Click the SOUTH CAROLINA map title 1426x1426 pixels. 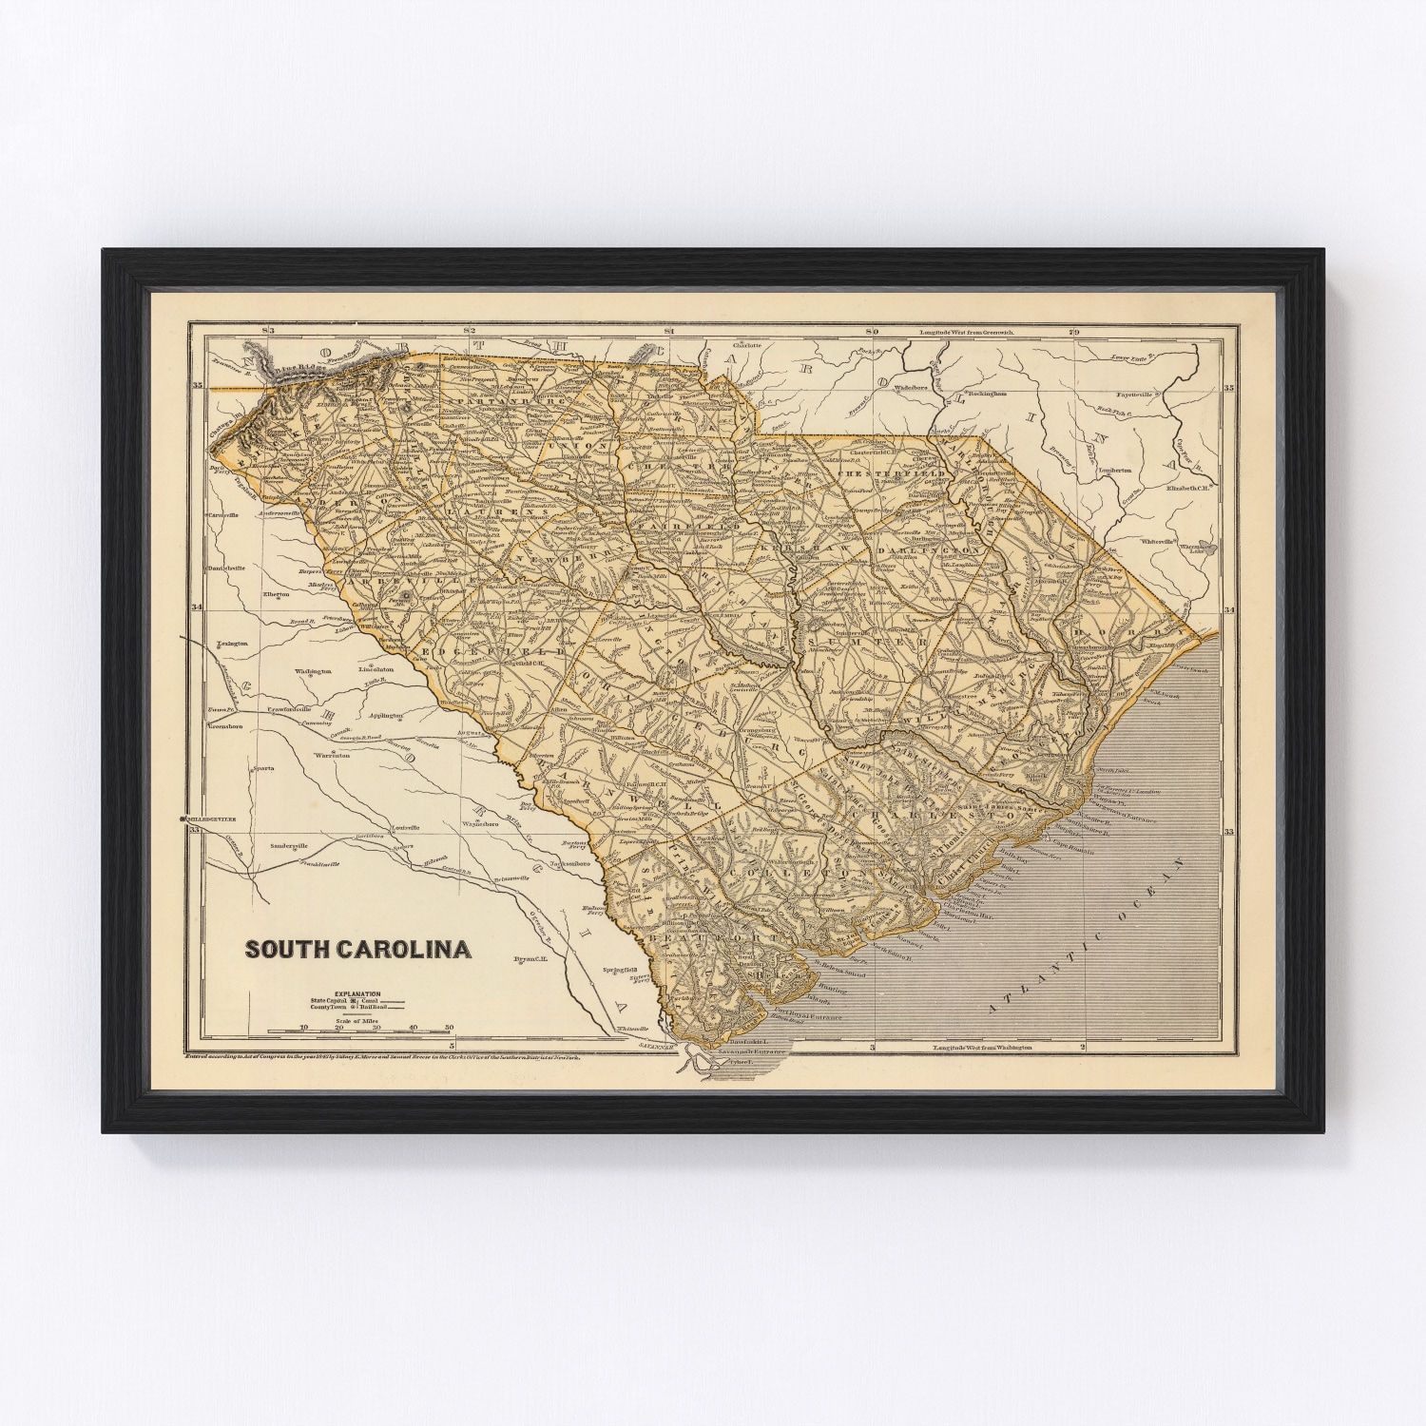[x=358, y=949]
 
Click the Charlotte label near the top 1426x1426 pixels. [x=746, y=345]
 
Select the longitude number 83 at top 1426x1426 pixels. [x=269, y=330]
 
